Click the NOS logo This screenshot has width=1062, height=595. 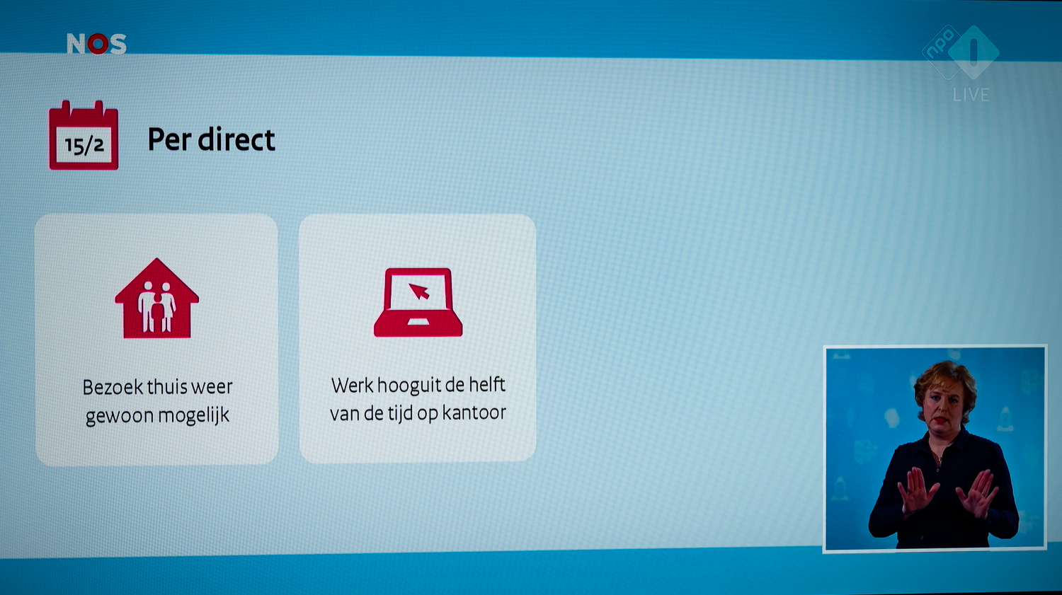(97, 44)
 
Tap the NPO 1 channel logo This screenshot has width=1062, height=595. (961, 52)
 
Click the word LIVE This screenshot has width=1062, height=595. (971, 96)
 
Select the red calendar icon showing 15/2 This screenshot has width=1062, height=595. (84, 135)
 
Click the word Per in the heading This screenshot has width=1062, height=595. (169, 140)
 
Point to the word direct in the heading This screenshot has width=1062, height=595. (236, 139)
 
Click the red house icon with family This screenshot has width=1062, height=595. (157, 298)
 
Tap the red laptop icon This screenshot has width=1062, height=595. (418, 302)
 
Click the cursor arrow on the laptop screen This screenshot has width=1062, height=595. (419, 291)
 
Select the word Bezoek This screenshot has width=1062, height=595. (113, 387)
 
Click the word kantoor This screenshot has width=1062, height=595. (474, 412)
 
